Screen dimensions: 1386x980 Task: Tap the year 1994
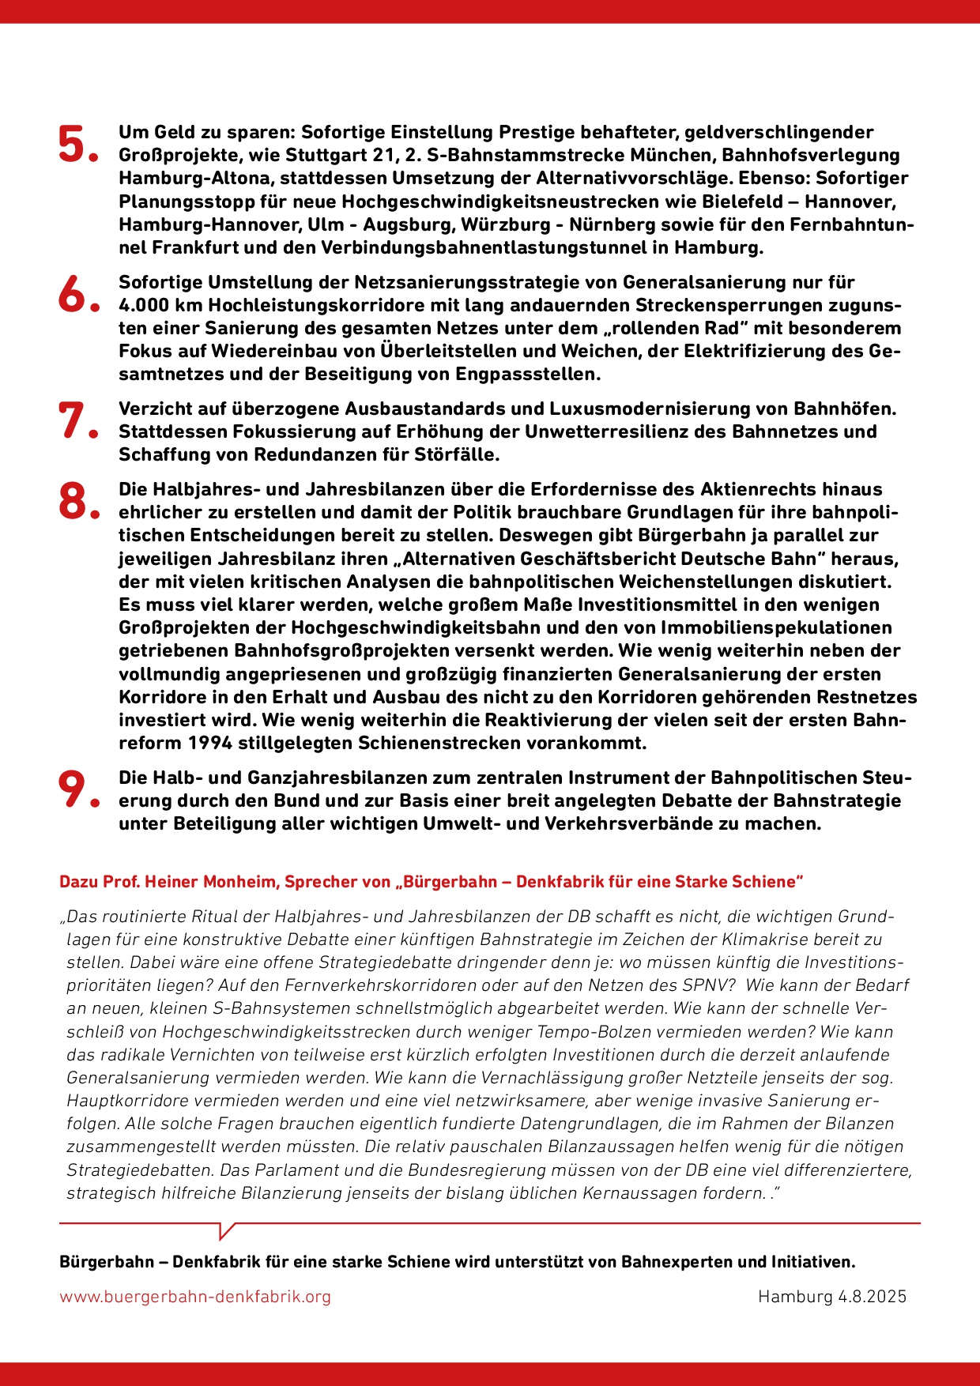pyautogui.click(x=209, y=743)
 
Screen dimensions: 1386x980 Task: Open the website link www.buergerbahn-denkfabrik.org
pyautogui.click(x=195, y=1297)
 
